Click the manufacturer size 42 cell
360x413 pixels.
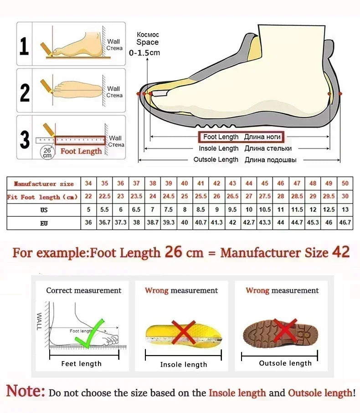(217, 184)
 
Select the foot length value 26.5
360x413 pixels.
(233, 197)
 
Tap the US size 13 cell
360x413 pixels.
(345, 210)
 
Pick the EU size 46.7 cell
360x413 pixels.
(345, 223)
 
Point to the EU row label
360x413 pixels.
(43, 223)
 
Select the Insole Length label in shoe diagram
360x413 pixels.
(218, 148)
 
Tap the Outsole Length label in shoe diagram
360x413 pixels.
(216, 159)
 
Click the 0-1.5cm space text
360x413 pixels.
(144, 53)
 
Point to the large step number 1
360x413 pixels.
(25, 46)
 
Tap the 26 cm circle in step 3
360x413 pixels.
(47, 153)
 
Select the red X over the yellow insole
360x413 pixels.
(183, 331)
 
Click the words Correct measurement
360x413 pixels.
(84, 291)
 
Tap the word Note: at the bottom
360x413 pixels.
(26, 392)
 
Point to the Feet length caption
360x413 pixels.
(82, 363)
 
